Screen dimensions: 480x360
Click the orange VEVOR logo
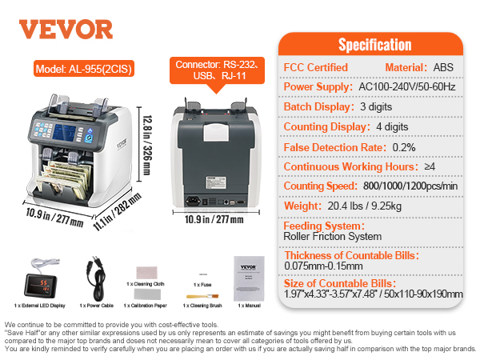pyautogui.click(x=66, y=30)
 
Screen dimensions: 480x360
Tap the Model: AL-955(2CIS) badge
pyautogui.click(x=84, y=69)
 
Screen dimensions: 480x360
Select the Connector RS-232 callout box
pyautogui.click(x=217, y=70)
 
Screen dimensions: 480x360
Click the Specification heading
pyautogui.click(x=374, y=45)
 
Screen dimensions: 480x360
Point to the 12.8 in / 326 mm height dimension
pyautogui.click(x=147, y=145)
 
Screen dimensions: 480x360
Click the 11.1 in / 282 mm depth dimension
pyautogui.click(x=118, y=211)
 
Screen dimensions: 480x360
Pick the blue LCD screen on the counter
pyautogui.click(x=64, y=133)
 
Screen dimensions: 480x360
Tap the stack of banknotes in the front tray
pyautogui.click(x=65, y=178)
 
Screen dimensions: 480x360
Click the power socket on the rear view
pyautogui.click(x=193, y=201)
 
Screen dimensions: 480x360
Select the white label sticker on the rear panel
pyautogui.click(x=216, y=182)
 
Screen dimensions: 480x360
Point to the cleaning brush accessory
pyautogui.click(x=202, y=296)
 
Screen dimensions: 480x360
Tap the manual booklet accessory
pyautogui.click(x=249, y=278)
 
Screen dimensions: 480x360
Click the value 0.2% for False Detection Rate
pyautogui.click(x=404, y=147)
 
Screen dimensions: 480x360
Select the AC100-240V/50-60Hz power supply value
pyautogui.click(x=407, y=87)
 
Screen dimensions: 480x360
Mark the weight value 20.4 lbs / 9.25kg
pyautogui.click(x=364, y=206)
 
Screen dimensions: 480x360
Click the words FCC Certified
pyautogui.click(x=316, y=67)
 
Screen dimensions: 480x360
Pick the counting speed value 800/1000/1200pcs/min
pyautogui.click(x=410, y=186)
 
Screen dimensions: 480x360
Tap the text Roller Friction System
pyautogui.click(x=333, y=237)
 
